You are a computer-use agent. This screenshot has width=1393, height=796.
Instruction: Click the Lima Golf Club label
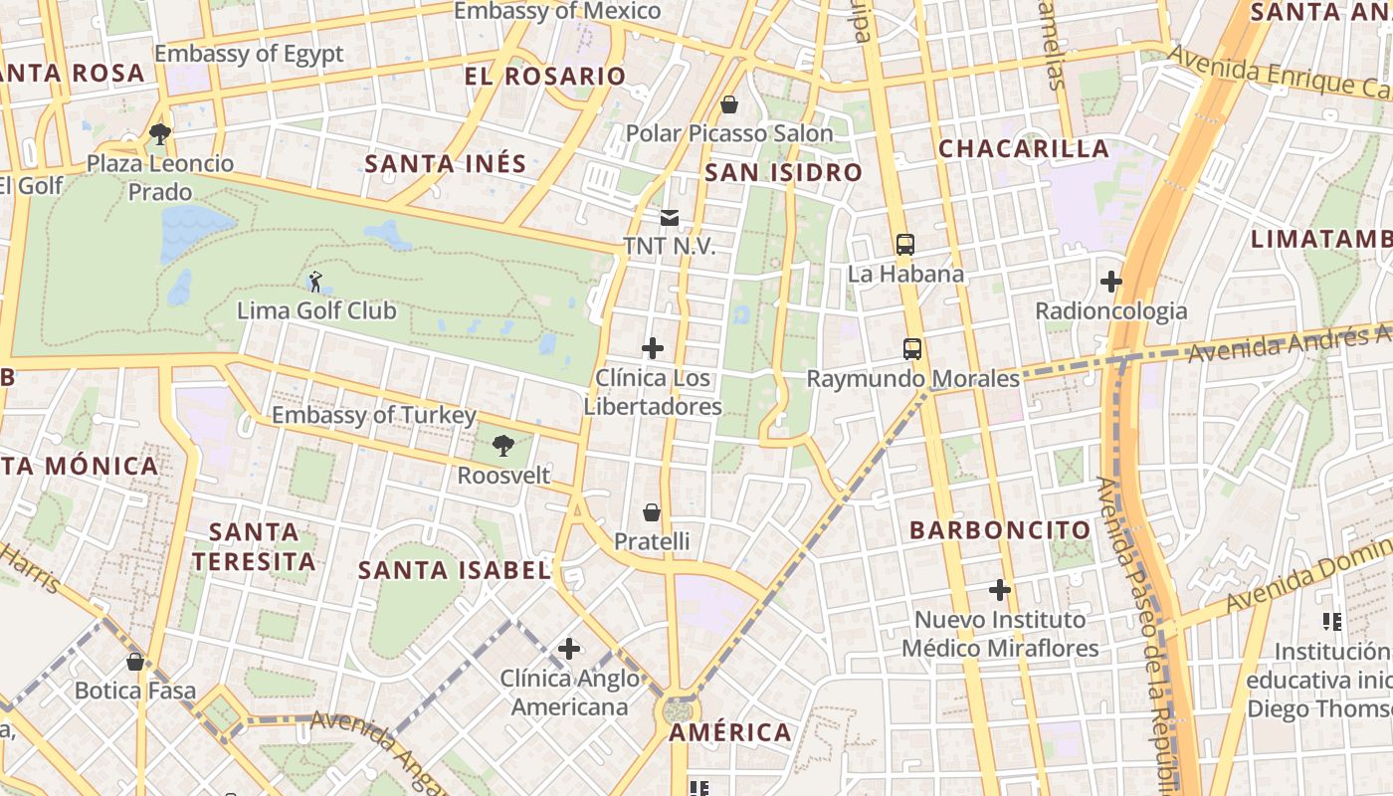pyautogui.click(x=316, y=310)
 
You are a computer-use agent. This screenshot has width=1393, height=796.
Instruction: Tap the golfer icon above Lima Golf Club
pyautogui.click(x=315, y=282)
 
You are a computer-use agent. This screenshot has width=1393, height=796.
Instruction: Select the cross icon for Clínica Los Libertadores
pyautogui.click(x=653, y=348)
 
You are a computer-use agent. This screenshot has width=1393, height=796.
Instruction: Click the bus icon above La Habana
pyautogui.click(x=905, y=244)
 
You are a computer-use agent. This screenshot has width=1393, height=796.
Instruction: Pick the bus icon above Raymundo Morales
pyautogui.click(x=912, y=349)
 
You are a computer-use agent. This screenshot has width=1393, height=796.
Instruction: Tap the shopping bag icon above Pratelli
pyautogui.click(x=651, y=512)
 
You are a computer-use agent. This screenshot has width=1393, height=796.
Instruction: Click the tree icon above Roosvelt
pyautogui.click(x=503, y=446)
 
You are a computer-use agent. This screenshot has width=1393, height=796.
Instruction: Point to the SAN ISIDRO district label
pyautogui.click(x=783, y=173)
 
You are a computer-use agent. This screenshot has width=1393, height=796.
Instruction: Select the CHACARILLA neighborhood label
pyautogui.click(x=1024, y=149)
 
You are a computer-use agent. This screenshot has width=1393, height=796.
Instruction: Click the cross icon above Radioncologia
pyautogui.click(x=1111, y=282)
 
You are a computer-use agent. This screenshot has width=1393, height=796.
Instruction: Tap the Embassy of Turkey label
pyautogui.click(x=374, y=415)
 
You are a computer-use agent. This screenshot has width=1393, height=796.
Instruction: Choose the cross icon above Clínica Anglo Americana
pyautogui.click(x=569, y=650)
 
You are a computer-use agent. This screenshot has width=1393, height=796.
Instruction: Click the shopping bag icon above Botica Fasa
pyautogui.click(x=135, y=661)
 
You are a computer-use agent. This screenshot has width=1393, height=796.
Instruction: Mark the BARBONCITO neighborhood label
pyautogui.click(x=1000, y=529)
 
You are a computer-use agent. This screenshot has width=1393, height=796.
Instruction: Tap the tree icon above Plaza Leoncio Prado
pyautogui.click(x=159, y=133)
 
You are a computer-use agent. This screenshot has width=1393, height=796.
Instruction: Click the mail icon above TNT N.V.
pyautogui.click(x=669, y=217)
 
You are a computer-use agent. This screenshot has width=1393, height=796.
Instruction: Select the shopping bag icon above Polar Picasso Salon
pyautogui.click(x=729, y=104)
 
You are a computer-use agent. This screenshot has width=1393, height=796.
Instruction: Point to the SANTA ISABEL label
pyautogui.click(x=454, y=570)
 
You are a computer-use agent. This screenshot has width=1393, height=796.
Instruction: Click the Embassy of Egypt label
pyautogui.click(x=249, y=54)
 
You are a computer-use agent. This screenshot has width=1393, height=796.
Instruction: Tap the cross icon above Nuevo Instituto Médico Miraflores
pyautogui.click(x=1000, y=590)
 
